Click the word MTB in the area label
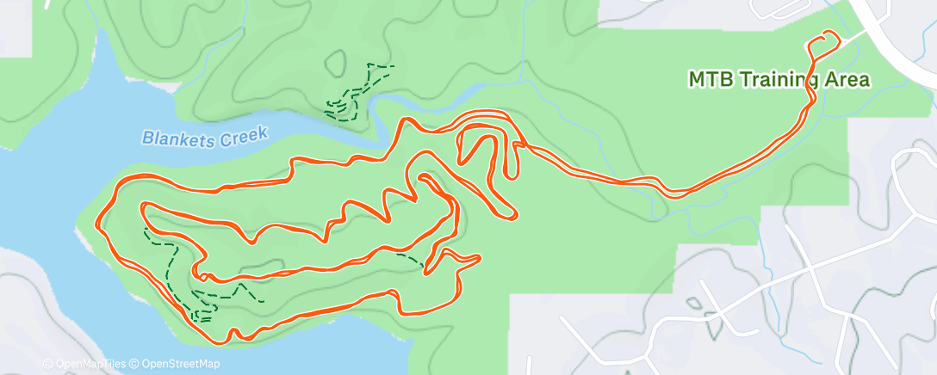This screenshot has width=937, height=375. (707, 79)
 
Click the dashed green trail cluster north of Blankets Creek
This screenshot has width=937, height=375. (353, 93)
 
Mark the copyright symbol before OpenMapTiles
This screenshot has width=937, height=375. (48, 364)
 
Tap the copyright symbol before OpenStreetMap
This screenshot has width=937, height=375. (135, 364)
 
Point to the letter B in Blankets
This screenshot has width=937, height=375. (148, 138)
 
